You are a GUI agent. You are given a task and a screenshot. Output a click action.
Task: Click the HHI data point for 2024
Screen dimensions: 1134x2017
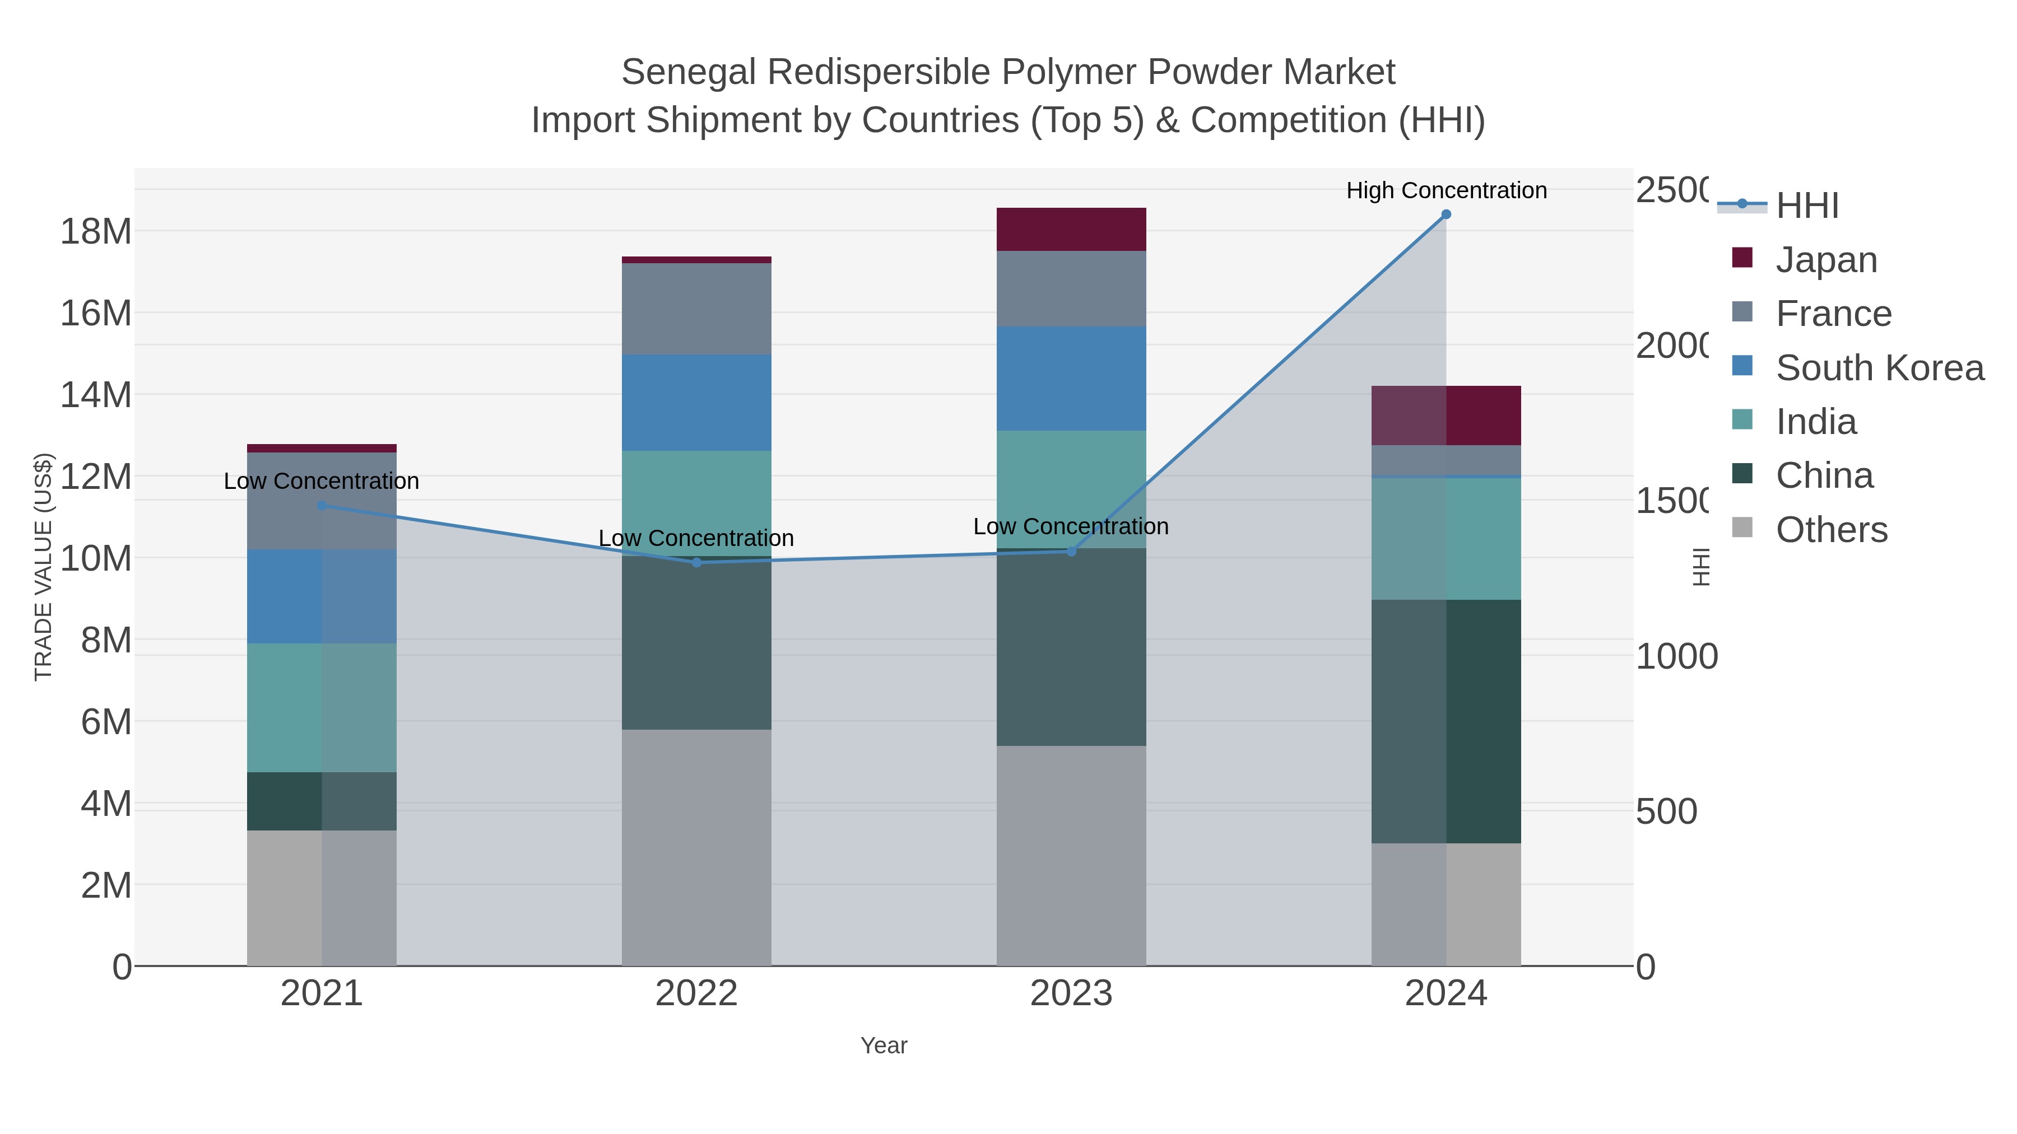tap(1446, 214)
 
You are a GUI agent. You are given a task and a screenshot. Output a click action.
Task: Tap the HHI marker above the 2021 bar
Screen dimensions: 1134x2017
tap(322, 506)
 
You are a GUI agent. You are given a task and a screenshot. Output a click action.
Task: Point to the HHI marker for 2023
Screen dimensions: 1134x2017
tap(1071, 552)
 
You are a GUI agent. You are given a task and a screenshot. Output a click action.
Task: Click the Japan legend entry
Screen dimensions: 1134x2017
tap(1825, 260)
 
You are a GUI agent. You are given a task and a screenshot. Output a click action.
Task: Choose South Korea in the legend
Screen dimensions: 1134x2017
tap(1879, 368)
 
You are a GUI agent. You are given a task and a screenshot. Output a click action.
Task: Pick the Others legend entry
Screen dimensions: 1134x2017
tap(1830, 530)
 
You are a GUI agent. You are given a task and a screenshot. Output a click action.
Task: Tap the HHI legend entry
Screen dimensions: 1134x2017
tap(1806, 206)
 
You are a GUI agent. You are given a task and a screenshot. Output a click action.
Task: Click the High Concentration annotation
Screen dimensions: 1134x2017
tap(1446, 190)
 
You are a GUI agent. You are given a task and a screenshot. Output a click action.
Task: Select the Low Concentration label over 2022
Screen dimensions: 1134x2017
tap(696, 538)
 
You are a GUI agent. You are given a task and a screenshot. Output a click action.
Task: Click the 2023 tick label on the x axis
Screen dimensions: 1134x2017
tap(1071, 994)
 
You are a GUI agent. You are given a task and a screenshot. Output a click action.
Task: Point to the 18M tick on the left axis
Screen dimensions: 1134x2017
tap(95, 232)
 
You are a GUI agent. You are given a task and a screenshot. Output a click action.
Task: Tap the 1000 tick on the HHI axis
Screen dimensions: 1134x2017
tap(1676, 657)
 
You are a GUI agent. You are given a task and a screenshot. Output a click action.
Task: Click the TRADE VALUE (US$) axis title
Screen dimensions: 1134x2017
tap(44, 567)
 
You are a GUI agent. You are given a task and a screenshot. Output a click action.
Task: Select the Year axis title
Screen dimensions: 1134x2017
tap(883, 1046)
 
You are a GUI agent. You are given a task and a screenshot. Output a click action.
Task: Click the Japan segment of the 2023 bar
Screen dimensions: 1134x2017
tap(1071, 229)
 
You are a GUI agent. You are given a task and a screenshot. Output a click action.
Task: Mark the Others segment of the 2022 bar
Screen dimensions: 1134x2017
tap(696, 848)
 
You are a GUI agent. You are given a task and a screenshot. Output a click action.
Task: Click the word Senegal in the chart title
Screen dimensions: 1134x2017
tap(689, 72)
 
